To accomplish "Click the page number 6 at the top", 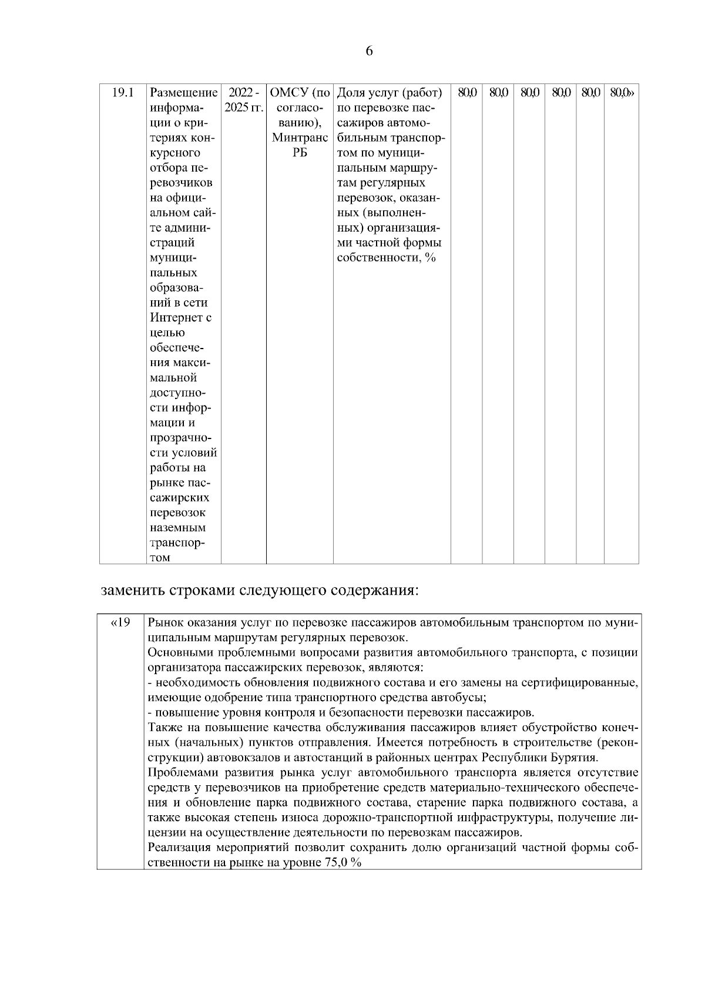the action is coord(369,51).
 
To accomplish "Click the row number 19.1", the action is coord(123,93).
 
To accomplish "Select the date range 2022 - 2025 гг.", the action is coord(243,101).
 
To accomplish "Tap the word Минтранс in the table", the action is coord(300,138).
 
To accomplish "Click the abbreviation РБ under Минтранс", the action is coord(300,153).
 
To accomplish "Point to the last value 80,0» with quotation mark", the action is coord(622,93).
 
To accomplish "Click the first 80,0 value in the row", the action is coord(466,93).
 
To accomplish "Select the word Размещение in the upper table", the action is coord(183,93).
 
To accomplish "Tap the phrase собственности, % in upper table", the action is coord(386,257).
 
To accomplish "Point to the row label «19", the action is coord(120,622).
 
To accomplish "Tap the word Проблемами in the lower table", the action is coord(179,772).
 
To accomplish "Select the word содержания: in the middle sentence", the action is coord(374,590).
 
